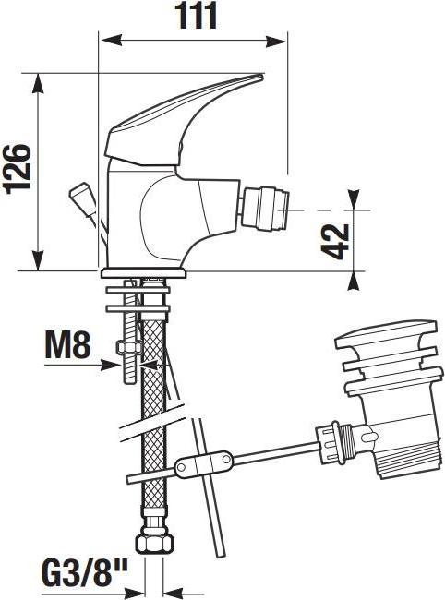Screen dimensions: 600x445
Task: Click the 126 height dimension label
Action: tap(18, 168)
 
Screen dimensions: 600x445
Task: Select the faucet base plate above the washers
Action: tap(143, 272)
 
